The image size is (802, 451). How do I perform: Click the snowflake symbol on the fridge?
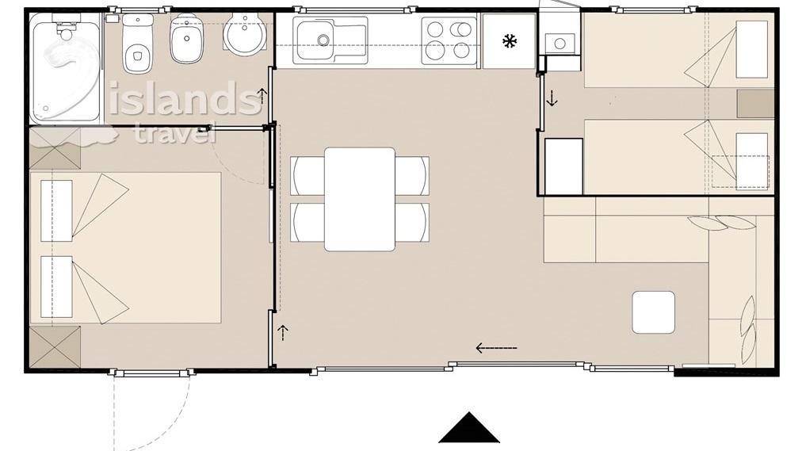pos(510,41)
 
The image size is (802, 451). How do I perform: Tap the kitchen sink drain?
pos(323,40)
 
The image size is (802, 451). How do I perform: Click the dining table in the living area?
pos(360,199)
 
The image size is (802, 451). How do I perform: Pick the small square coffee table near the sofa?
pos(653,312)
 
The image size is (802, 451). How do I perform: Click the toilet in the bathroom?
pos(138,44)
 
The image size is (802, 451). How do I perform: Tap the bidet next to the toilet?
pos(186,40)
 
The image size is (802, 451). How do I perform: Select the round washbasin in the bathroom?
pos(245,35)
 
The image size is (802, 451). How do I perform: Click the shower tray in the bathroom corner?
pos(65,67)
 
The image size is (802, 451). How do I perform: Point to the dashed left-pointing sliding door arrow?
pos(496,348)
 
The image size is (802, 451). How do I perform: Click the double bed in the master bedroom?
pos(126,248)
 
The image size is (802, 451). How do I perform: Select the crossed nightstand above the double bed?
pos(55,148)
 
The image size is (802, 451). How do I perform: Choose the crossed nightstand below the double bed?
pos(55,347)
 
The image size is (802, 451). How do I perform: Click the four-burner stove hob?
pos(449,40)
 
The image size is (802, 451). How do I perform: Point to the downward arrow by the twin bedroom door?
pos(552,97)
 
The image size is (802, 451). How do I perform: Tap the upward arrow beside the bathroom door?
pos(262,95)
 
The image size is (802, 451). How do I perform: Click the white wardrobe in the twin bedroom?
pos(563,166)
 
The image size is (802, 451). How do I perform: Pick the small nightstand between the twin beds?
pos(755,104)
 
